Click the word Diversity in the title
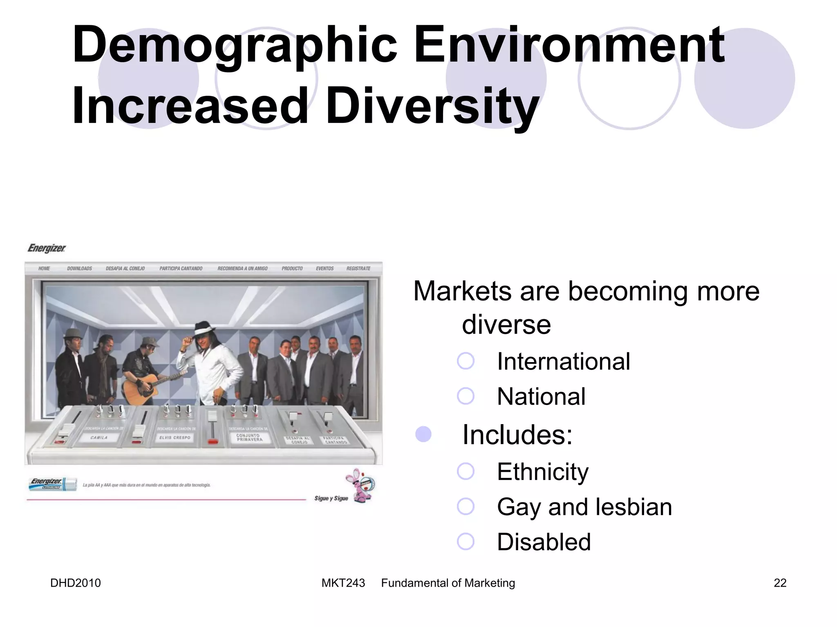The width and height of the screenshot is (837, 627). click(432, 106)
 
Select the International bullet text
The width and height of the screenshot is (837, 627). click(563, 362)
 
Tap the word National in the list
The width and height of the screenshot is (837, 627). click(541, 396)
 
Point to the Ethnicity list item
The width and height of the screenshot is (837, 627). click(543, 472)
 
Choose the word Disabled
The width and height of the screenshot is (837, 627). click(544, 542)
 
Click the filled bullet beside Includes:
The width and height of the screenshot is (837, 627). click(423, 434)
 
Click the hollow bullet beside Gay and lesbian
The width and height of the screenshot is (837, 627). click(465, 507)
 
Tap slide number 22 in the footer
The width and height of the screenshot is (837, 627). click(780, 583)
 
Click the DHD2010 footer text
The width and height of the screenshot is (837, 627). click(76, 583)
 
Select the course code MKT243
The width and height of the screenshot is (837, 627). click(343, 583)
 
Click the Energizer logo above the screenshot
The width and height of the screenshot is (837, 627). click(47, 248)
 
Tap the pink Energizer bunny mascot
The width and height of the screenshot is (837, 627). click(360, 485)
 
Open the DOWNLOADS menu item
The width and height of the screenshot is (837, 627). click(80, 269)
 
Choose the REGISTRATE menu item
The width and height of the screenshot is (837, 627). click(358, 269)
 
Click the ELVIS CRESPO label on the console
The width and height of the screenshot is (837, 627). click(175, 438)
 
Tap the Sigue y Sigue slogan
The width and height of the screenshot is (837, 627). click(331, 498)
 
